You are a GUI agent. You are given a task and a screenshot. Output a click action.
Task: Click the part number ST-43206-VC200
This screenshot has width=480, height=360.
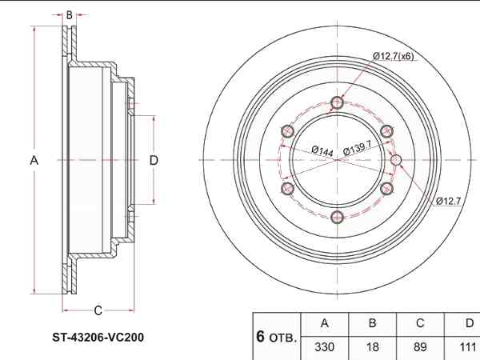pyautogui.click(x=98, y=338)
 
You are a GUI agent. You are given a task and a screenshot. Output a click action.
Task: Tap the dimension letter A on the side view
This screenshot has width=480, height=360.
pyautogui.click(x=34, y=161)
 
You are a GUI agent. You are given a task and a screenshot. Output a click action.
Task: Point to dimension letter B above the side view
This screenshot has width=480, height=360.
pyautogui.click(x=70, y=14)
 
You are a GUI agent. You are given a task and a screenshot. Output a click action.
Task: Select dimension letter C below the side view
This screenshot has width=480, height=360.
pyautogui.click(x=98, y=310)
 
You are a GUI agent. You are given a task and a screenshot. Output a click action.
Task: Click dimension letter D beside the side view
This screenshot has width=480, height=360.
pyautogui.click(x=154, y=160)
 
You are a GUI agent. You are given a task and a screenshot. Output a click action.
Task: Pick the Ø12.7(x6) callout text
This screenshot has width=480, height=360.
pyautogui.click(x=394, y=56)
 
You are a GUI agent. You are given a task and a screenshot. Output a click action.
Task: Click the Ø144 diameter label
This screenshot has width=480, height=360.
pyautogui.click(x=322, y=150)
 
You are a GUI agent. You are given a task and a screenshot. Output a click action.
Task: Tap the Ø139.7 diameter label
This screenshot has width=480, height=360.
pyautogui.click(x=357, y=148)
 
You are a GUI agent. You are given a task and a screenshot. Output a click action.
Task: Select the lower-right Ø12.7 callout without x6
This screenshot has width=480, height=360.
pyautogui.click(x=449, y=201)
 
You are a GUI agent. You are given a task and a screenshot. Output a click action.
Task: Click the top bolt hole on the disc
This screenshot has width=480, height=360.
pyautogui.click(x=337, y=103)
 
